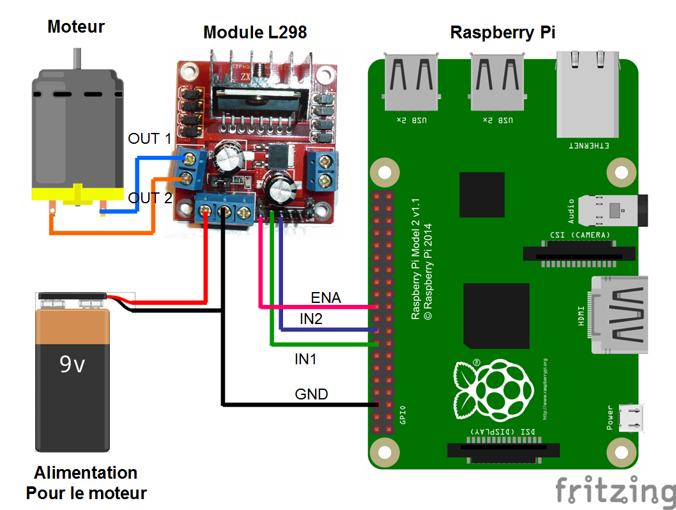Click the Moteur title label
click(76, 27)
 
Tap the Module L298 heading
click(255, 32)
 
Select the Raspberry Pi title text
click(502, 33)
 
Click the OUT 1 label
click(150, 138)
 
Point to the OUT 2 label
click(150, 198)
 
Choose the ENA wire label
click(326, 297)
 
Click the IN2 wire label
click(311, 319)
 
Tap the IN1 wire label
click(305, 359)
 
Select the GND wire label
click(311, 394)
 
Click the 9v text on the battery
click(72, 364)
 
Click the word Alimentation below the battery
click(86, 473)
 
